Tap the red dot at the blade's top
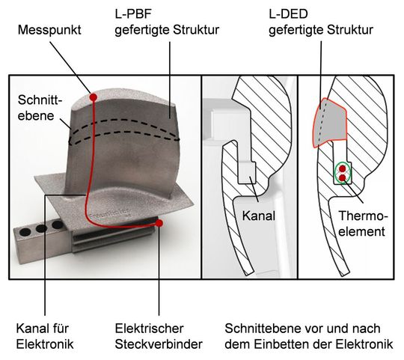pyautogui.click(x=93, y=97)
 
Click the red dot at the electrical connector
pyautogui.click(x=159, y=222)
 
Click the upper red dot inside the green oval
pyautogui.click(x=342, y=169)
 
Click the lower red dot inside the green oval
pyautogui.click(x=342, y=179)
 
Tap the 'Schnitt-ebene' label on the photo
pyautogui.click(x=39, y=110)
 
